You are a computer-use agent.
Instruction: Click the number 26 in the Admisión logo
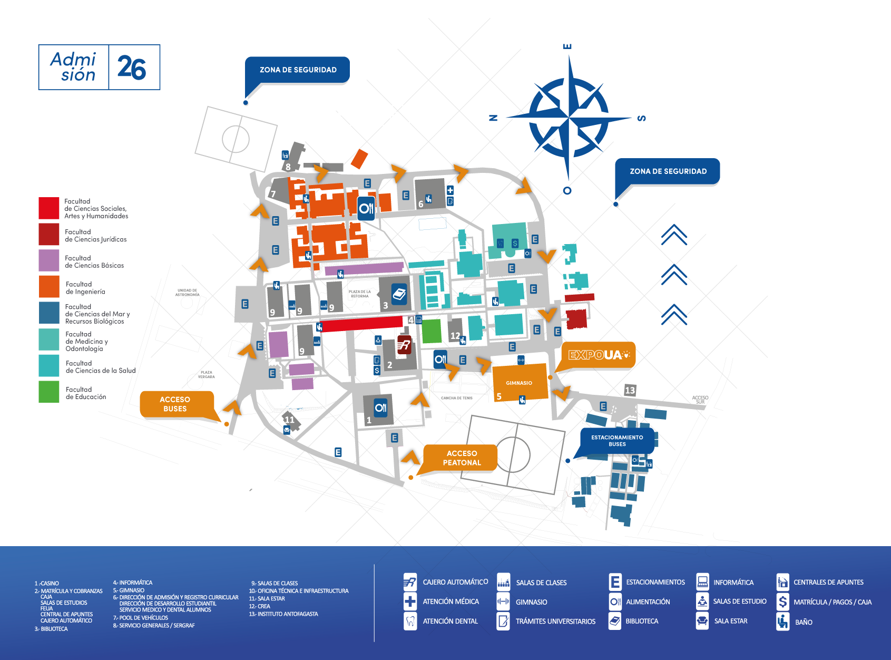(132, 68)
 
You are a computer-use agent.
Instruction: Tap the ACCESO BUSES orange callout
(175, 404)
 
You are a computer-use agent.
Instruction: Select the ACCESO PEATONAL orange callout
(462, 458)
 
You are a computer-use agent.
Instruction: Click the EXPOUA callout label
(599, 355)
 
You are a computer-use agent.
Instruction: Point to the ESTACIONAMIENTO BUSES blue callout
(617, 441)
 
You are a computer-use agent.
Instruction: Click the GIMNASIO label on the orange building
(519, 383)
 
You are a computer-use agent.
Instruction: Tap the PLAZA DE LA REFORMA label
(360, 294)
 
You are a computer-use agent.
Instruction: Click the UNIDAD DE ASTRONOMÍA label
(188, 293)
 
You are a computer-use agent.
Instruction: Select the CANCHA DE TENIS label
(457, 398)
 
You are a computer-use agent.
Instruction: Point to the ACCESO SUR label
(700, 400)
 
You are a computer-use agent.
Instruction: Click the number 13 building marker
(630, 390)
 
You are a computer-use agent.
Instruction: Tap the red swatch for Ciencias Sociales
(49, 208)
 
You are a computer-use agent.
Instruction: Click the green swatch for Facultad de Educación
(49, 392)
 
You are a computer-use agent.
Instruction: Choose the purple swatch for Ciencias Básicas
(49, 260)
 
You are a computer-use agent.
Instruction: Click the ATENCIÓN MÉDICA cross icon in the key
(410, 601)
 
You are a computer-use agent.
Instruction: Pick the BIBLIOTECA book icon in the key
(615, 621)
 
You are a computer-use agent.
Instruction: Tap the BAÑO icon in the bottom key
(783, 622)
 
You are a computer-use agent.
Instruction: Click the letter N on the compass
(493, 118)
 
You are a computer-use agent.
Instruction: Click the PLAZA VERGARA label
(207, 375)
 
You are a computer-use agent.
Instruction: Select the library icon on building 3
(399, 294)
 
